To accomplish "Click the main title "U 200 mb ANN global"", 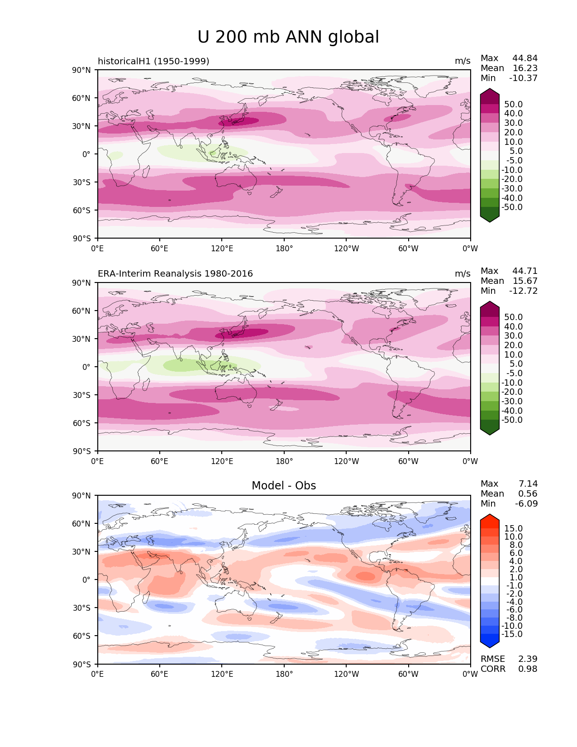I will pyautogui.click(x=288, y=37).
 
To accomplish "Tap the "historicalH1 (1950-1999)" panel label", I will pyautogui.click(x=153, y=61).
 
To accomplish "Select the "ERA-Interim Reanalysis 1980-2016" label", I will pyautogui.click(x=175, y=274).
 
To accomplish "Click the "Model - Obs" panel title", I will pyautogui.click(x=284, y=486).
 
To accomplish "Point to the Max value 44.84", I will pyautogui.click(x=525, y=58).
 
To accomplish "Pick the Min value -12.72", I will pyautogui.click(x=524, y=291).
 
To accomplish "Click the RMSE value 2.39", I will pyautogui.click(x=528, y=659).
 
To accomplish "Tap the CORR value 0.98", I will pyautogui.click(x=528, y=669).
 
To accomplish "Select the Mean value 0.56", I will pyautogui.click(x=528, y=494).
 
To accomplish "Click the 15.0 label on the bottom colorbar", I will pyautogui.click(x=514, y=529).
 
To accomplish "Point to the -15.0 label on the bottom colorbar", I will pyautogui.click(x=512, y=634).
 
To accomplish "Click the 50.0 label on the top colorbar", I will pyautogui.click(x=514, y=105).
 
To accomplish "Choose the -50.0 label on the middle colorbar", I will pyautogui.click(x=512, y=420).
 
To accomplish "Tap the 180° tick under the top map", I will pyautogui.click(x=284, y=249).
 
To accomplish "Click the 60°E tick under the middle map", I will pyautogui.click(x=159, y=461).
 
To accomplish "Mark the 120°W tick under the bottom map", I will pyautogui.click(x=347, y=674).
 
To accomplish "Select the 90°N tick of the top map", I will pyautogui.click(x=81, y=70).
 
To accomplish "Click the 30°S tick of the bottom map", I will pyautogui.click(x=81, y=608).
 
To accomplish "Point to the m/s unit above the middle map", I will pyautogui.click(x=463, y=274).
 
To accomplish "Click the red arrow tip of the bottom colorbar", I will pyautogui.click(x=490, y=518).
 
